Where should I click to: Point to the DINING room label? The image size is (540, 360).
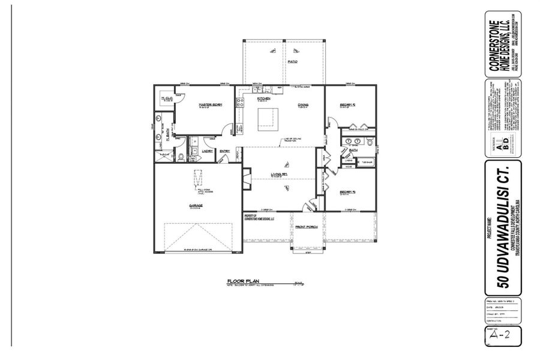[x=303, y=105]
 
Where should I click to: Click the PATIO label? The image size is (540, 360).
[x=293, y=61]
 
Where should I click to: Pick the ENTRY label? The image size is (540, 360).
[x=225, y=151]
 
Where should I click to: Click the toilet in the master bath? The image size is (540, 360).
[x=181, y=158]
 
